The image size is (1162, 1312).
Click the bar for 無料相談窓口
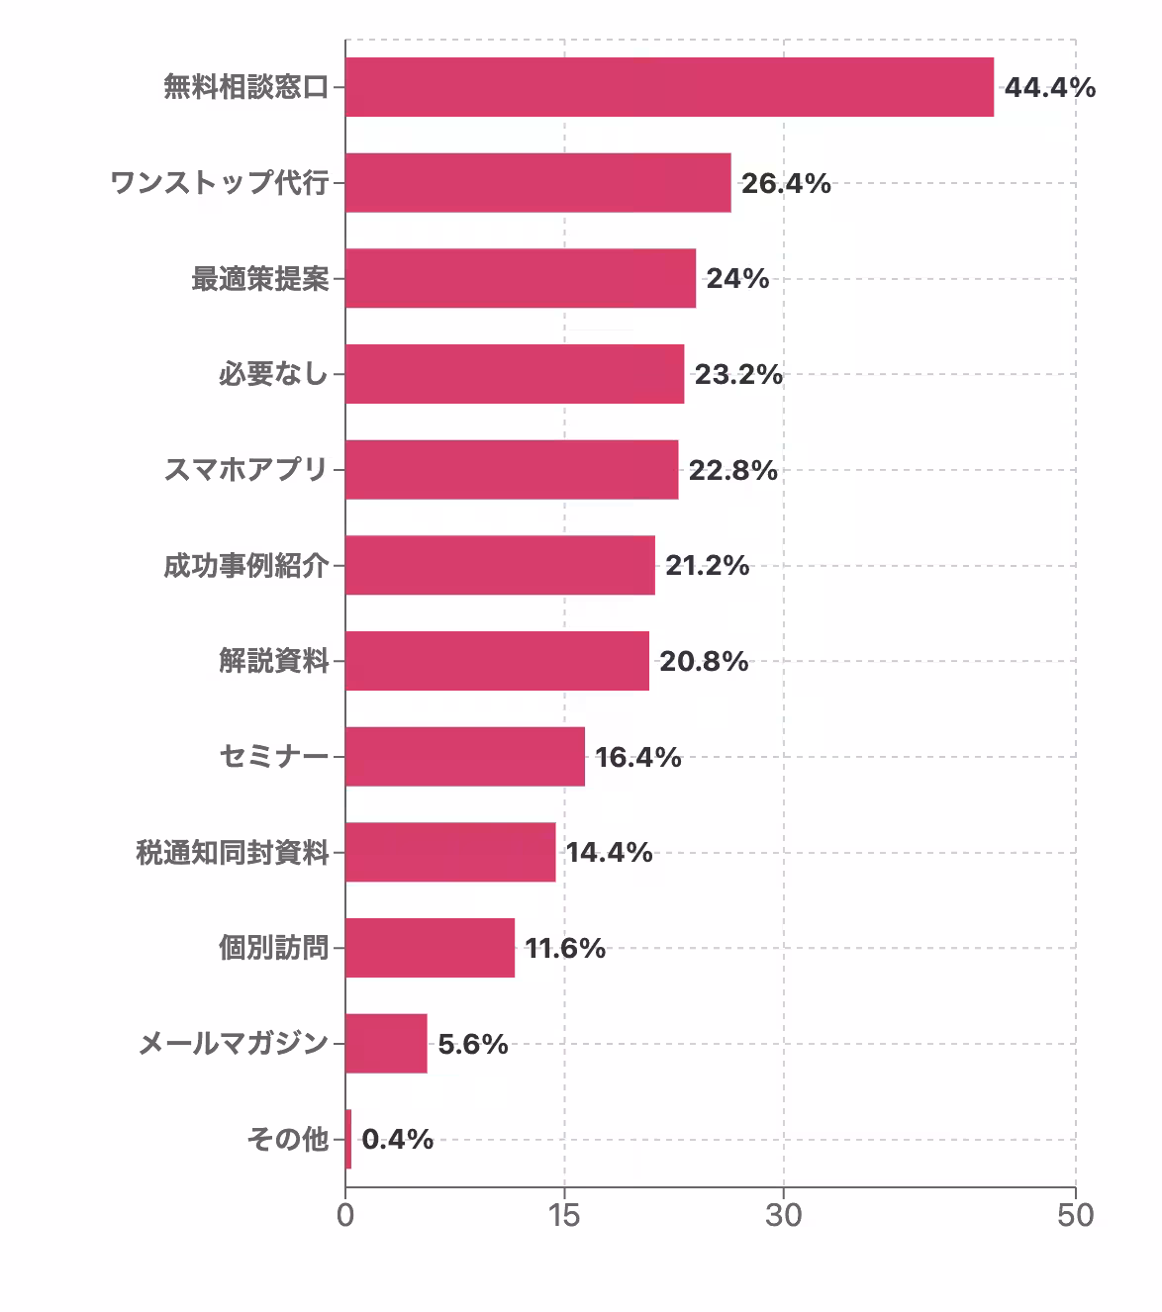669,87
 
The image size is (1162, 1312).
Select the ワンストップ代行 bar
537,183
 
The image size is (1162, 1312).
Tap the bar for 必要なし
515,374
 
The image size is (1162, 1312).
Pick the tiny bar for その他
348,1139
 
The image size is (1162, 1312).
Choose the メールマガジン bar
386,1044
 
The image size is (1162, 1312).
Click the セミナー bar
465,757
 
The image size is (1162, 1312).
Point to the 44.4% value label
1050,88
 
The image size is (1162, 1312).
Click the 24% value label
737,279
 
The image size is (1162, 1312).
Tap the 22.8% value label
733,470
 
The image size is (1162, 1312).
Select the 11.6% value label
565,949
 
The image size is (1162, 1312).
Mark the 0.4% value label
398,1140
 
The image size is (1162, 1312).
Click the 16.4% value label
638,758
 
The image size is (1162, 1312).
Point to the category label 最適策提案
259,279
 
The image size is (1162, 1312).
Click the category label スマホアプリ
245,470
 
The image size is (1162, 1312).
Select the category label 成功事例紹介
245,566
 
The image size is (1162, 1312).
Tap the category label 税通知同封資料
232,853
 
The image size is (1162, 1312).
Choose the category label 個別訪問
273,948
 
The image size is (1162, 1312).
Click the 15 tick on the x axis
564,1215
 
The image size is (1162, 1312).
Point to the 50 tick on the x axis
1075,1215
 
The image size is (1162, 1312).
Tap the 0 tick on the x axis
345,1215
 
